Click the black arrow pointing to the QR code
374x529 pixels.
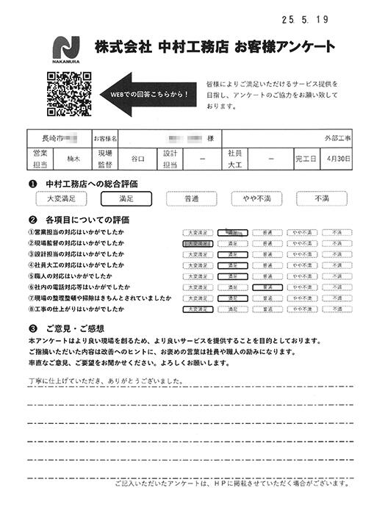coord(151,95)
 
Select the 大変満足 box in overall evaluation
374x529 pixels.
coord(61,198)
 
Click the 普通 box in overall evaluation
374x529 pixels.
coord(191,198)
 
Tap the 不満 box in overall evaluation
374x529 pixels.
coord(322,198)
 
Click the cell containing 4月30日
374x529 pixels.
coord(338,158)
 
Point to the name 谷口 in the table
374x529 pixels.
coord(137,158)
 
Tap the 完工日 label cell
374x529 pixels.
coord(305,158)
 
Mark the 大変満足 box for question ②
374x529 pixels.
coord(198,243)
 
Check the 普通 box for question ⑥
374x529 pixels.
coord(267,288)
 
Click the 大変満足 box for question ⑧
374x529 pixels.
coord(198,310)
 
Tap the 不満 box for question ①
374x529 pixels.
coord(337,232)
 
